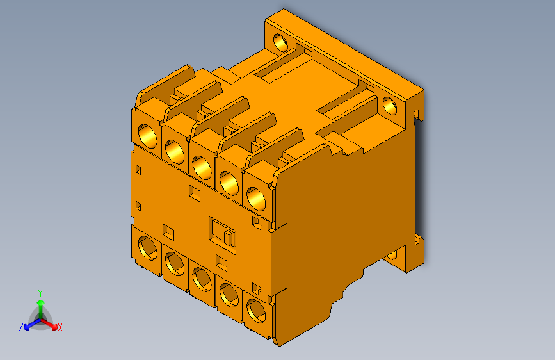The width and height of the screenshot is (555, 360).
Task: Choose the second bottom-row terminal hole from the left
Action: pos(173,263)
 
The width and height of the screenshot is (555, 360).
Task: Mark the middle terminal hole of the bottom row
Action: pos(201,279)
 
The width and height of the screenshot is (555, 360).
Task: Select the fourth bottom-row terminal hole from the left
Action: pos(229,295)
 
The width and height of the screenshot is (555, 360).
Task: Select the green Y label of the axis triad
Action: pos(40,292)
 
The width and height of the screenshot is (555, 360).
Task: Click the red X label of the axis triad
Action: pos(60,327)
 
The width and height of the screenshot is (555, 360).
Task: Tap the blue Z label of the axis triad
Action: pos(21,327)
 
